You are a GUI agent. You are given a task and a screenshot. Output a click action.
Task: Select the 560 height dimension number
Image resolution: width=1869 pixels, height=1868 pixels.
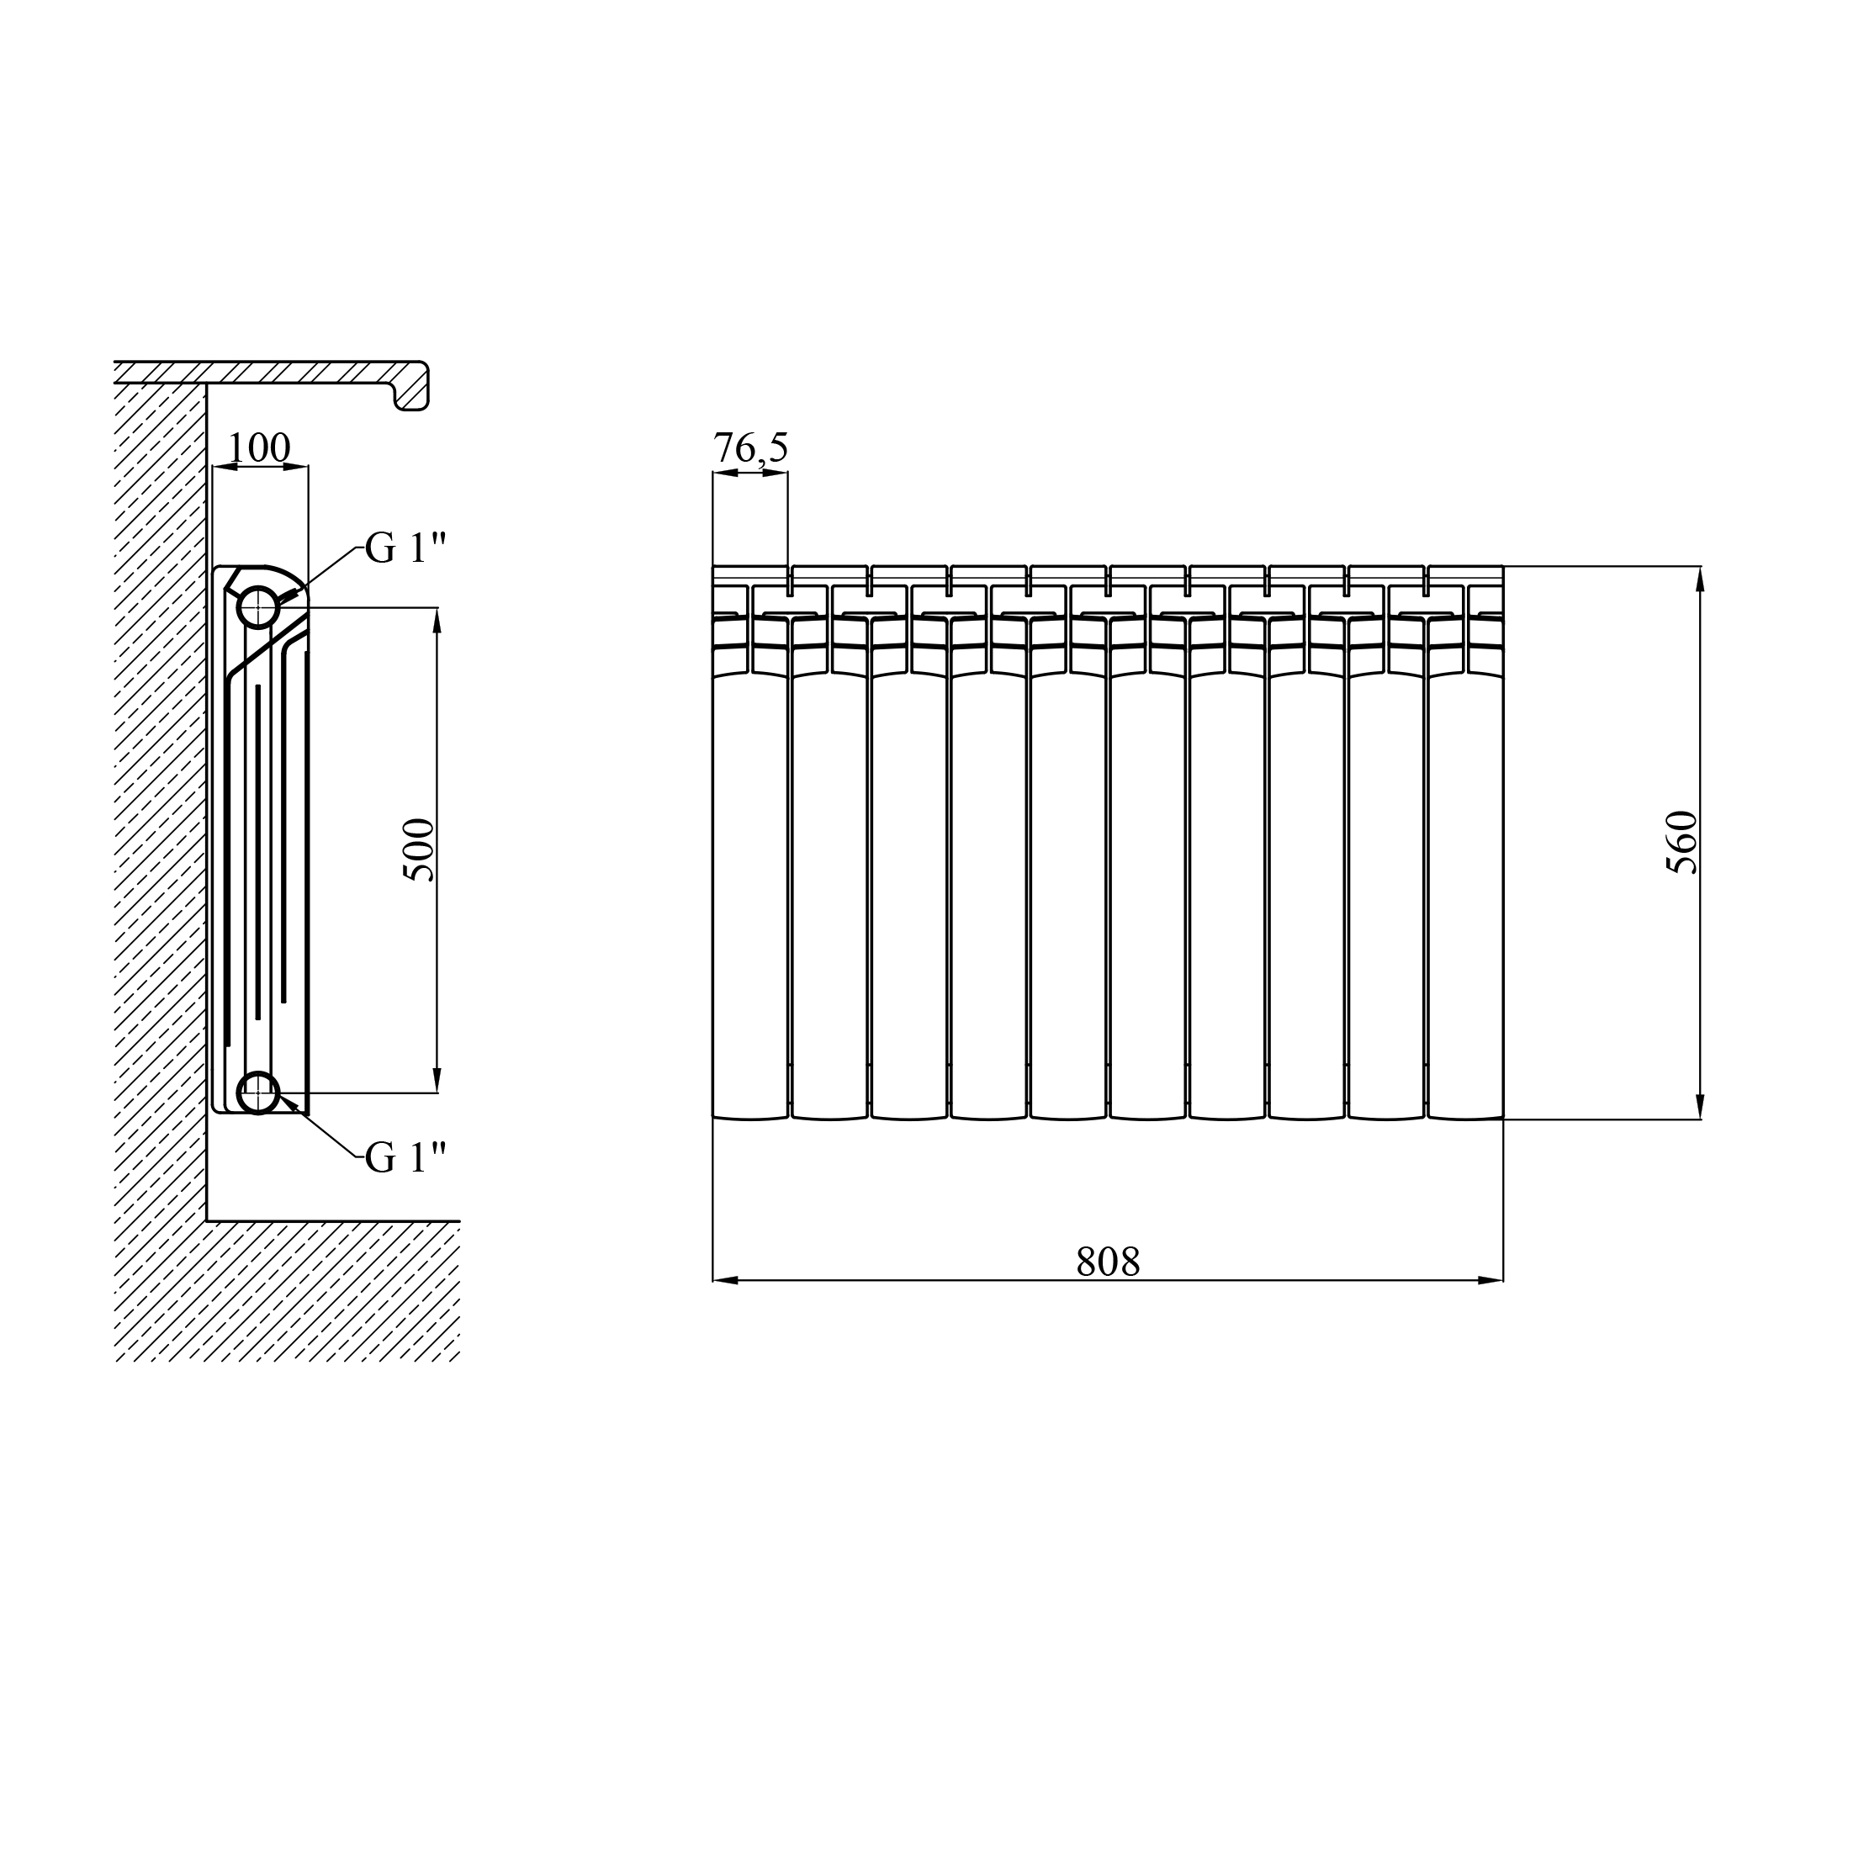(1682, 842)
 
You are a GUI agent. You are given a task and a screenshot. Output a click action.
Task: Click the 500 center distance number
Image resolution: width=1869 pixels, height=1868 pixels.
(419, 849)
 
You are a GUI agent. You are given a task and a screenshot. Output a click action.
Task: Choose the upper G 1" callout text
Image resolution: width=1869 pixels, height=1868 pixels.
(405, 548)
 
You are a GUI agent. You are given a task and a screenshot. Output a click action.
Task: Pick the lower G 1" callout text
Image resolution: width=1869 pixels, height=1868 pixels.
(405, 1157)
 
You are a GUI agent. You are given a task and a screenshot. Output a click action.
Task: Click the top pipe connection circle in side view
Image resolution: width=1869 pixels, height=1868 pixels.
(258, 607)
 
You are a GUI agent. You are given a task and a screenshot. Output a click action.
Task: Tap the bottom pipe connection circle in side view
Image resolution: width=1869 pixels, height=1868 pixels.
(258, 1093)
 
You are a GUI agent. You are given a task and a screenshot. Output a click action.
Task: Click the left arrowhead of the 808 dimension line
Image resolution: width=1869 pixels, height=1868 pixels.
(726, 1280)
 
